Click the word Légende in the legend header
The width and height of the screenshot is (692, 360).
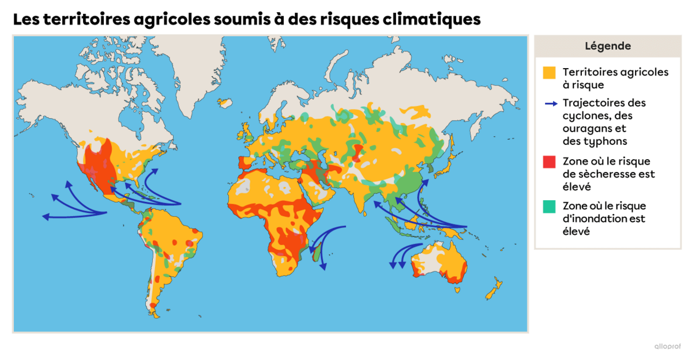coord(607,46)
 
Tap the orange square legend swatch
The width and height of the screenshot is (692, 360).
coord(550,73)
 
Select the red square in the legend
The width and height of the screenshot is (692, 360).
coord(550,162)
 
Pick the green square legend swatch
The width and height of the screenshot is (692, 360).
coord(550,206)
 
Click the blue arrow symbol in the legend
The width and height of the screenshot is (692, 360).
coord(551,104)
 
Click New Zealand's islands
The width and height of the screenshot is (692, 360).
coord(494,288)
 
